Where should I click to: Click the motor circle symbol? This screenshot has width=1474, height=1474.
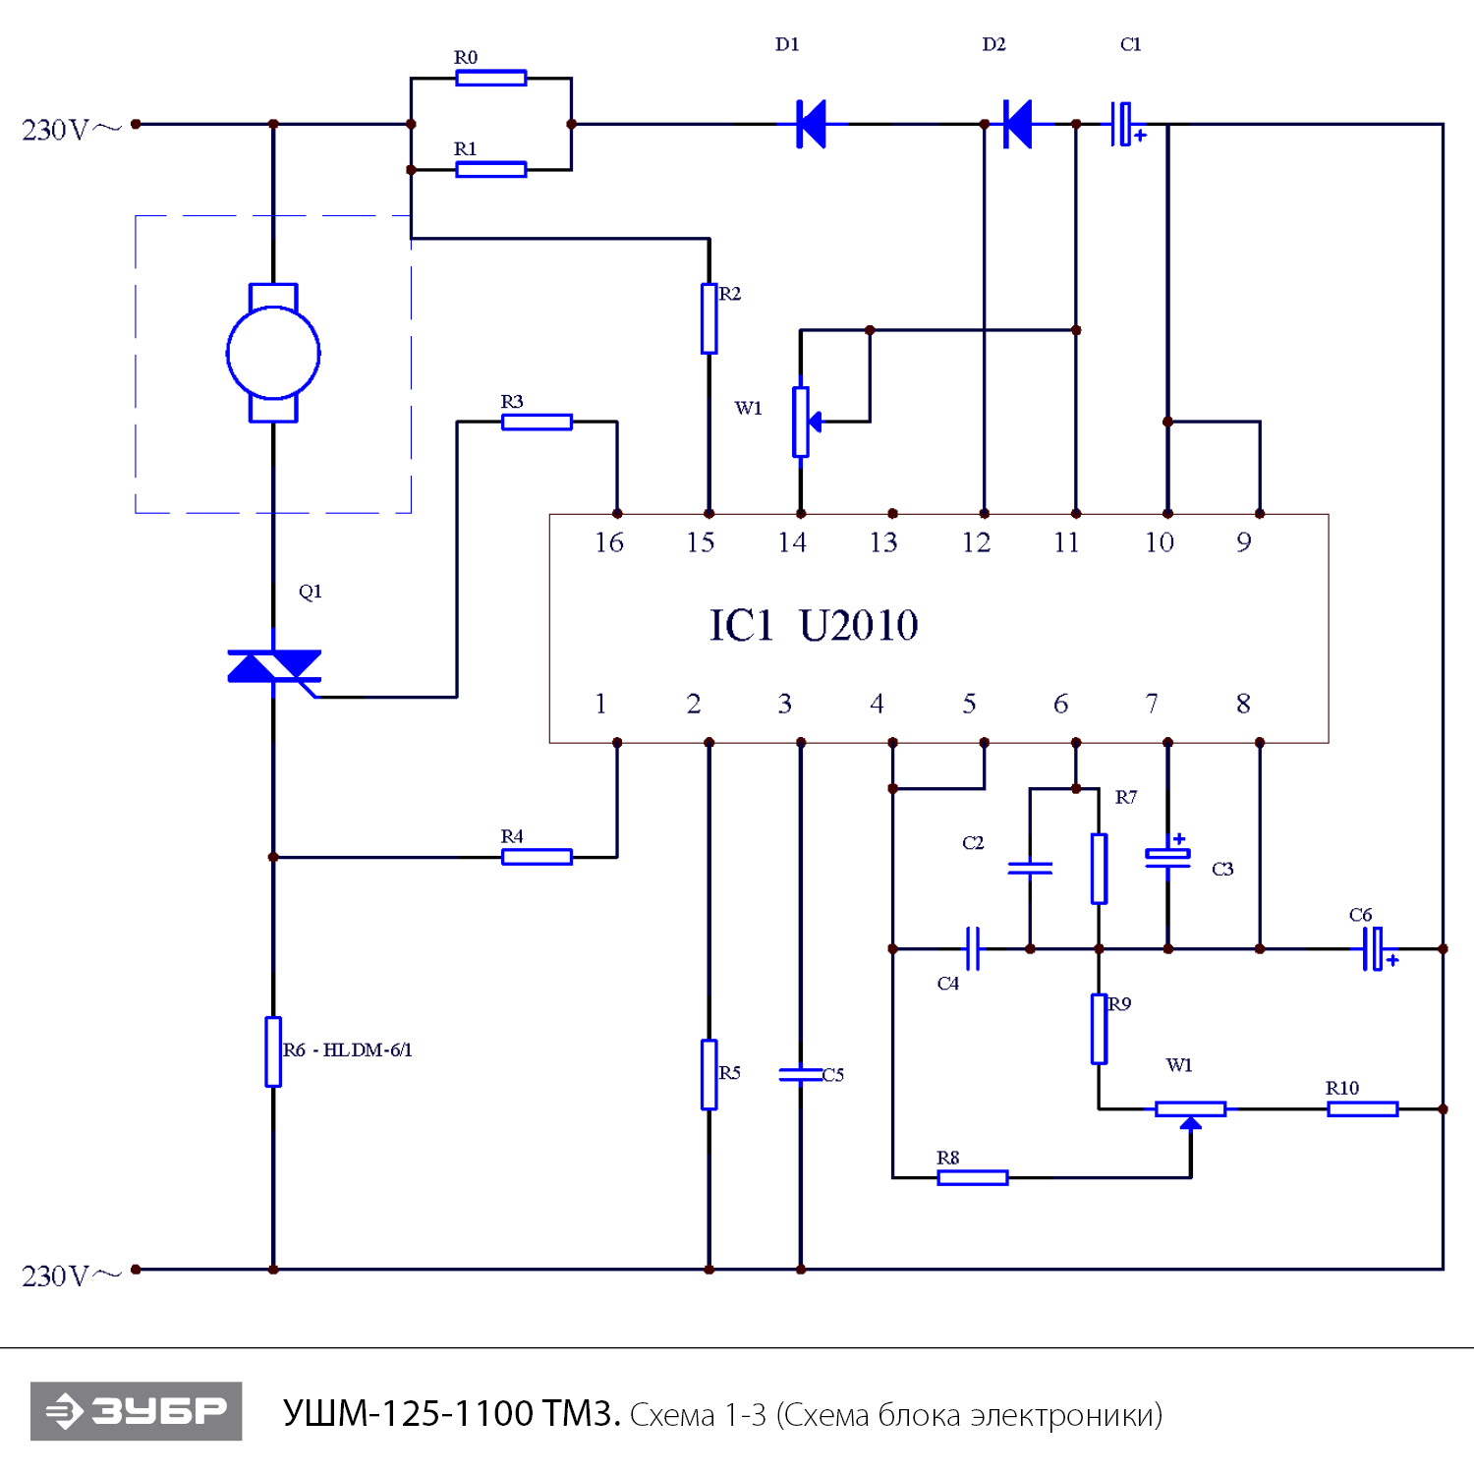coord(273,353)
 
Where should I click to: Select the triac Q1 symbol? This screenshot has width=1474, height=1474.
coord(273,667)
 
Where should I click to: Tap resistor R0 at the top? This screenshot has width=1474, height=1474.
coord(490,78)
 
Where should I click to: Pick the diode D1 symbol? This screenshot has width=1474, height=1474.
coord(811,124)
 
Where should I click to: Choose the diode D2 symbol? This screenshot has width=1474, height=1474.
coord(1018,124)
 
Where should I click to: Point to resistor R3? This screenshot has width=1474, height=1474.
coord(537,422)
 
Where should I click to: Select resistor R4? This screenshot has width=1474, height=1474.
coord(537,857)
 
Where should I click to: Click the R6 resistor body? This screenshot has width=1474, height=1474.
coord(273,1051)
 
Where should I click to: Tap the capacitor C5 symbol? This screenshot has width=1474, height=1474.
coord(801,1074)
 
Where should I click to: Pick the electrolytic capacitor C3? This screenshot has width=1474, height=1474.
coord(1167,857)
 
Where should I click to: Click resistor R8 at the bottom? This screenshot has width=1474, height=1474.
coord(972,1177)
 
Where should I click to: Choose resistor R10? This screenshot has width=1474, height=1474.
coord(1362,1108)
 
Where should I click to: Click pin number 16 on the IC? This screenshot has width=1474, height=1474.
coord(608,542)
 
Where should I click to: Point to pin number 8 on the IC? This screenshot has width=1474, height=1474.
coord(1243,704)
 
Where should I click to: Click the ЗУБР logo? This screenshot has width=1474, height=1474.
coord(137,1411)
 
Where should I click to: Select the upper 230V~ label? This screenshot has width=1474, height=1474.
coord(69,130)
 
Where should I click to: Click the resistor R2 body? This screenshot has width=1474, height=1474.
coord(709,318)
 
